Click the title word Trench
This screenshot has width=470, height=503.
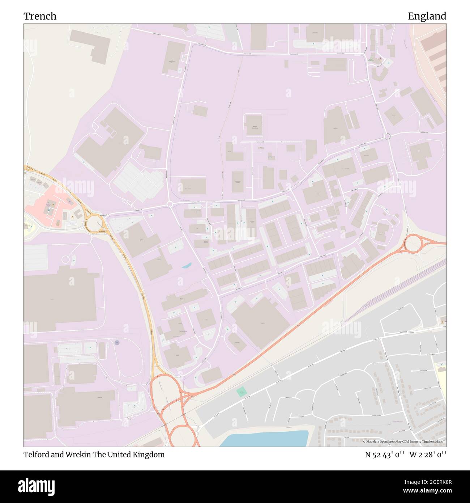tap(40, 16)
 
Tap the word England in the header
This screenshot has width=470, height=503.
tap(427, 16)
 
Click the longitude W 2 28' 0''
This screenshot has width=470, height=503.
tap(428, 455)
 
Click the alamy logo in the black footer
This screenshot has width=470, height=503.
tap(36, 486)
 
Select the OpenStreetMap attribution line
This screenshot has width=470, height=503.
tap(404, 441)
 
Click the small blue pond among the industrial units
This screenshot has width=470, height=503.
tap(187, 266)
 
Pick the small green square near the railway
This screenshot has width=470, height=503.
tap(241, 391)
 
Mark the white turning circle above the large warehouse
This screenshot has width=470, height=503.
tap(65, 259)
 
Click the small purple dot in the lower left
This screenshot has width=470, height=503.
tap(116, 342)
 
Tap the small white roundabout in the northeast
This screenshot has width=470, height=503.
tap(387, 136)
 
